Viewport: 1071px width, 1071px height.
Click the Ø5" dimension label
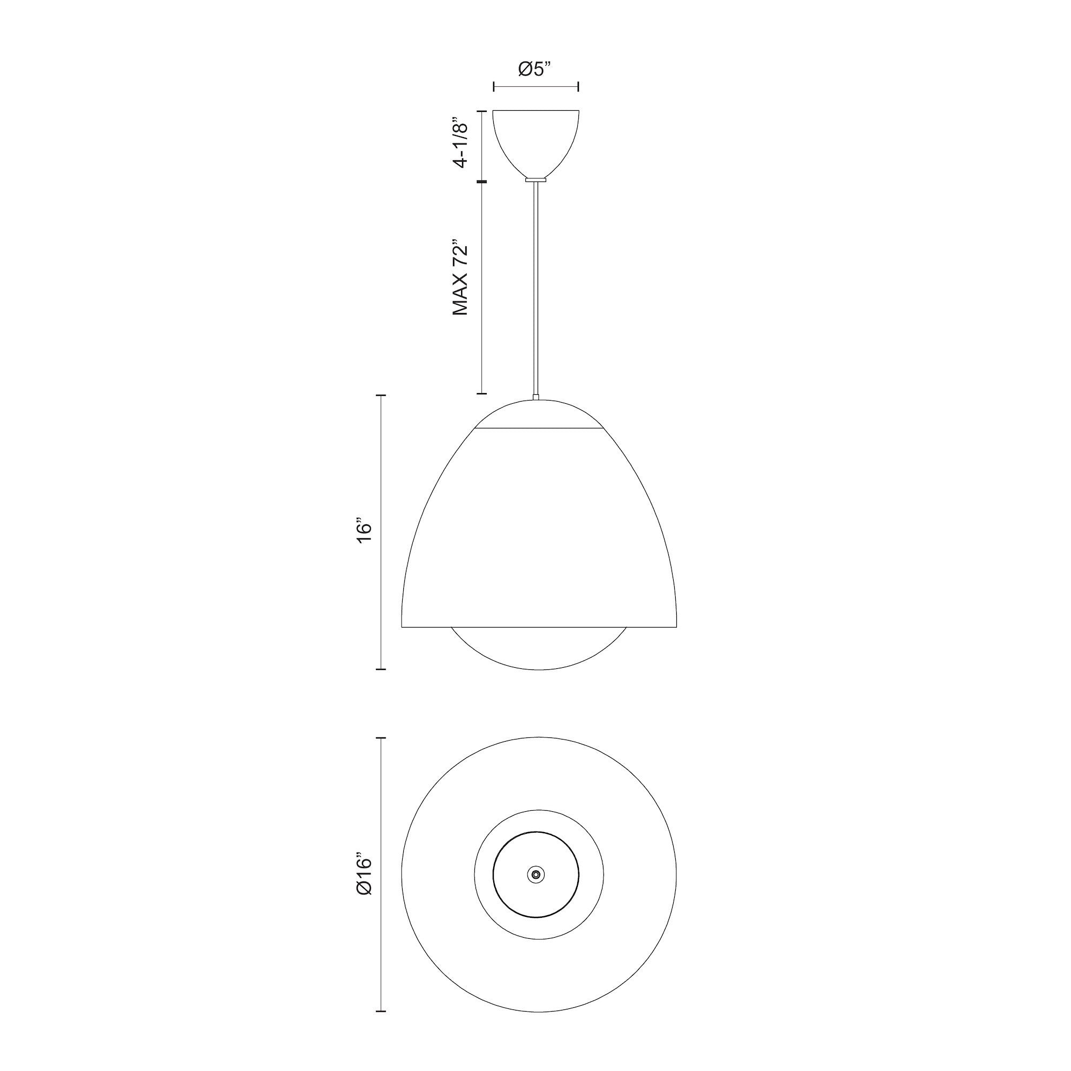click(535, 69)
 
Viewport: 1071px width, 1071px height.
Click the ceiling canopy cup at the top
click(536, 141)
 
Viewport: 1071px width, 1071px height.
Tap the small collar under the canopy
click(535, 179)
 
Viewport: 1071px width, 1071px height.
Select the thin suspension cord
click(535, 288)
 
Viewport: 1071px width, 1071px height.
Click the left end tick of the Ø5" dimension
click(493, 86)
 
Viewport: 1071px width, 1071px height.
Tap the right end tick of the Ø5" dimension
click(579, 86)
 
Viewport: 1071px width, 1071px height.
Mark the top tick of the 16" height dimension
click(381, 395)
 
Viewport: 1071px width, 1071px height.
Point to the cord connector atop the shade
click(535, 397)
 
